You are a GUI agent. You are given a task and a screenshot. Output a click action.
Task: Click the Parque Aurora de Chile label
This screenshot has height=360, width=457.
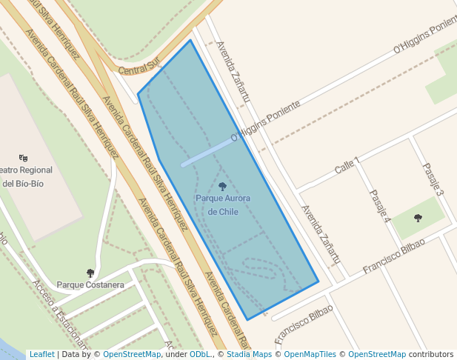[223, 204]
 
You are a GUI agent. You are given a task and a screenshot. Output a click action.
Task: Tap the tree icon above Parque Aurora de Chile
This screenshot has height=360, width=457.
[223, 187]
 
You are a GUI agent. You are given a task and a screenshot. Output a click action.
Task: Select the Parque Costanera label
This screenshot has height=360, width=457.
[90, 284]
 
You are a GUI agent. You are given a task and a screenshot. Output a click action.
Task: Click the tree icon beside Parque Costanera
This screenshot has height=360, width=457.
[90, 273]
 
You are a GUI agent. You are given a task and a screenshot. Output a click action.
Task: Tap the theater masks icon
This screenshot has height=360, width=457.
[24, 158]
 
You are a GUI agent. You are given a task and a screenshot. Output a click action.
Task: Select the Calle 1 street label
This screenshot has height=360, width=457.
[347, 166]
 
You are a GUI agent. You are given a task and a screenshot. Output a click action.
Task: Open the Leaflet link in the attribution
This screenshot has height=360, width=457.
[41, 355]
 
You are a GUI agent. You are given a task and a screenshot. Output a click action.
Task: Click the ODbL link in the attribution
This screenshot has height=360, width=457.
[200, 355]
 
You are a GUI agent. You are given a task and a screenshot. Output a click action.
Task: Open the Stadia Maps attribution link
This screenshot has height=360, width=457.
[248, 355]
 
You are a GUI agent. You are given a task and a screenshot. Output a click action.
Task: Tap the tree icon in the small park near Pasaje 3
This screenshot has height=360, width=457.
[418, 218]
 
